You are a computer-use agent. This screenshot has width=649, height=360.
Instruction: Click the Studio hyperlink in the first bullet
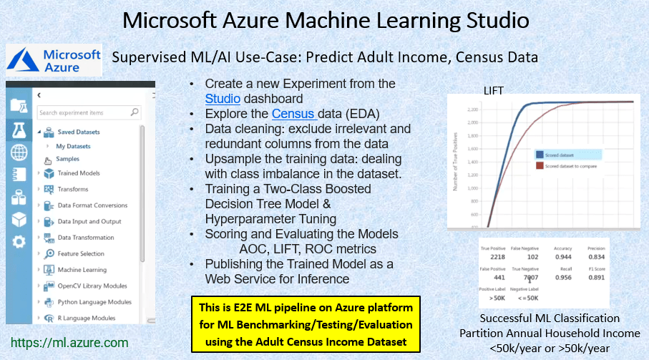[x=222, y=99]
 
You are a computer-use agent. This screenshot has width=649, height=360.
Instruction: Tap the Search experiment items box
[x=88, y=112]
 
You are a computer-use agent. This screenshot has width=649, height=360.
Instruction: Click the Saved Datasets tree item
[x=78, y=132]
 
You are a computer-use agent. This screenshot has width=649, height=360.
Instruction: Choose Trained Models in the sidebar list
[x=79, y=173]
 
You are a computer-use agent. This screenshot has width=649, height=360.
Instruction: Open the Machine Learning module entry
[x=82, y=270]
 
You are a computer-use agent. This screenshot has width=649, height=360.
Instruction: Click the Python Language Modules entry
[x=94, y=302]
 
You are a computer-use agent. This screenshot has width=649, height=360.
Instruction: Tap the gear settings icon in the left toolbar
[x=19, y=242]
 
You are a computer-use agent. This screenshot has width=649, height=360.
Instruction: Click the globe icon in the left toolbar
[x=19, y=152]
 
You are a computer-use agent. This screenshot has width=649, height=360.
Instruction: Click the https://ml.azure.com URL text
[x=69, y=343]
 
